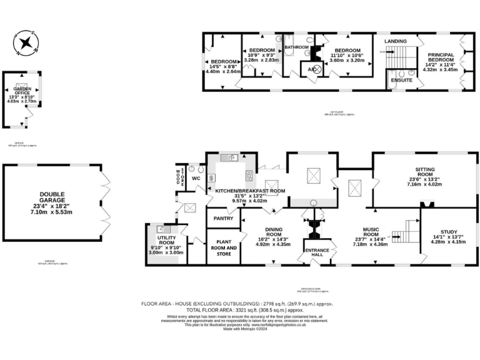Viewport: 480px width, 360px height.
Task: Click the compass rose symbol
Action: pos(26,42)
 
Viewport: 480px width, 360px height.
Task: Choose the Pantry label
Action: pos(223,218)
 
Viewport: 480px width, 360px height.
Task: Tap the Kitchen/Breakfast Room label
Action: pos(249,191)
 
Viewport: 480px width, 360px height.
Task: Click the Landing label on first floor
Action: pos(396,41)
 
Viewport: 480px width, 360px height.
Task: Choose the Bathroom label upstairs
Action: pos(297,47)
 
